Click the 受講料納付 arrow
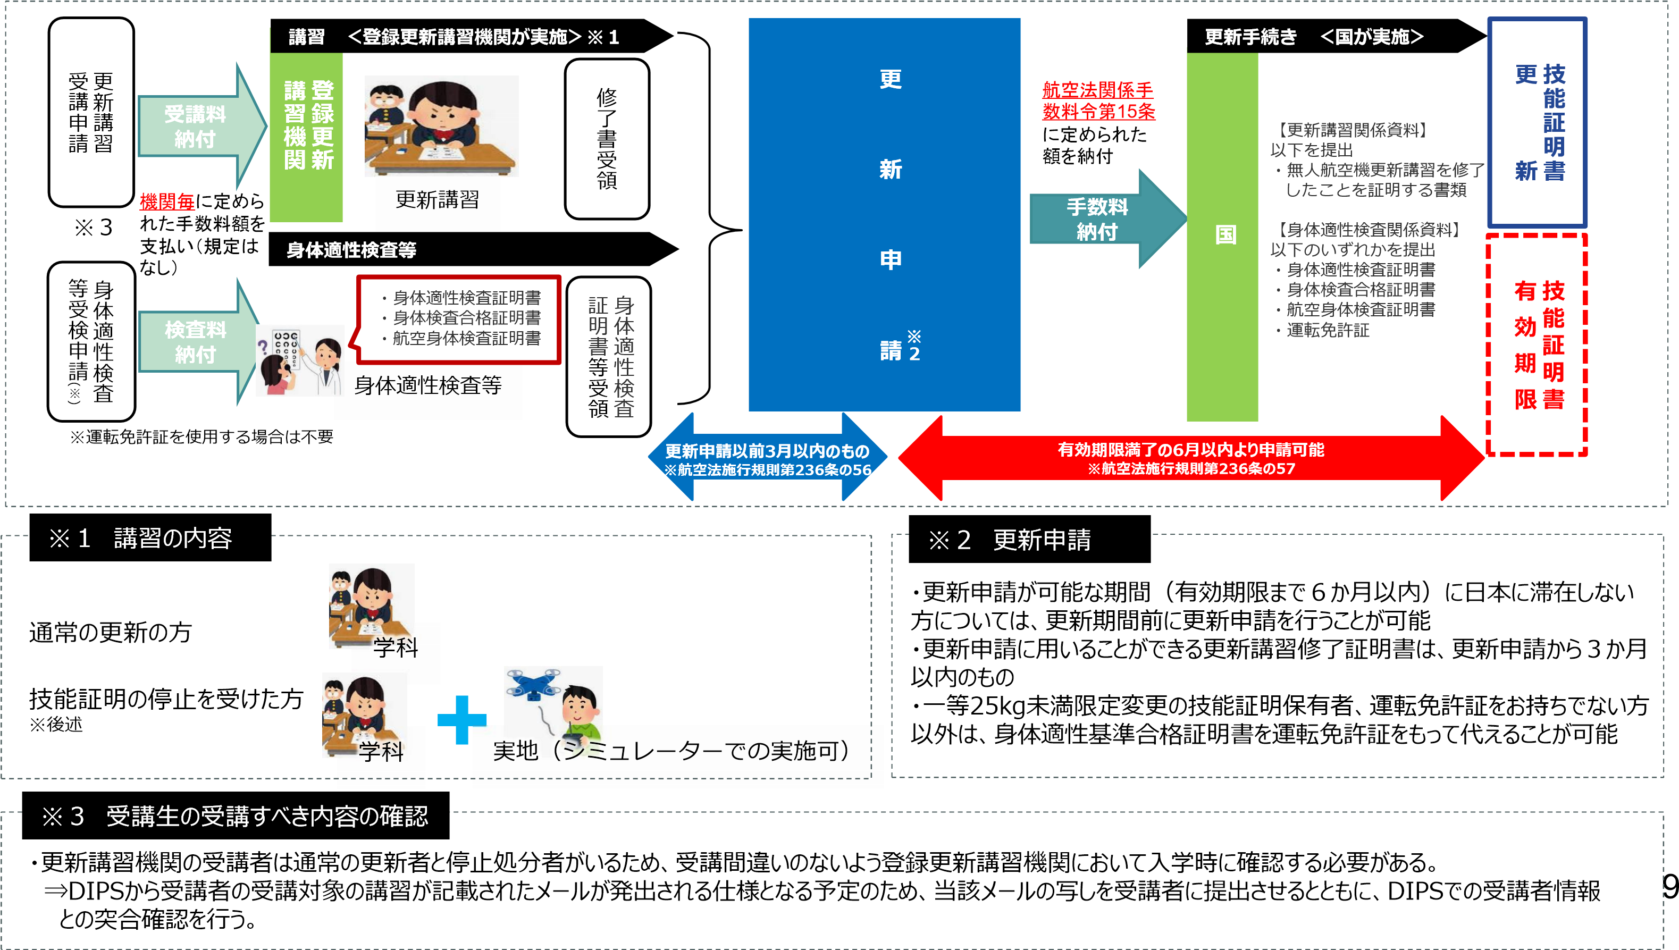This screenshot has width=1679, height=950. pos(196,127)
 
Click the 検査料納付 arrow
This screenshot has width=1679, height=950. pos(196,342)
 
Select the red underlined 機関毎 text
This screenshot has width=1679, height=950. pos(167,201)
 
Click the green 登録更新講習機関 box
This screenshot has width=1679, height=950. pos(307,137)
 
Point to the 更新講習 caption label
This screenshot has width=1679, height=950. pos(437,200)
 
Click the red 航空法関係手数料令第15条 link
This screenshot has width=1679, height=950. pos(1098,100)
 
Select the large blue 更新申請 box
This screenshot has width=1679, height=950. pos(884,215)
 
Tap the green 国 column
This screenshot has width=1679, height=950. pos(1222,235)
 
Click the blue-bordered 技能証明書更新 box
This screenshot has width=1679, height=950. pos(1538,123)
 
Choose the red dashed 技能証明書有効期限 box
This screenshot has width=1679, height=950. pos(1538,344)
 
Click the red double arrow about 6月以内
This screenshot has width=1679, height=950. pos(1191,458)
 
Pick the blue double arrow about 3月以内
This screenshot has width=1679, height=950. pos(767,459)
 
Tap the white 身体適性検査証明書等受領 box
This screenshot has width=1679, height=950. pos(609,356)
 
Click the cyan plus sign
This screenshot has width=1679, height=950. pos(462,720)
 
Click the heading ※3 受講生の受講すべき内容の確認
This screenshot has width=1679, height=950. pos(235,816)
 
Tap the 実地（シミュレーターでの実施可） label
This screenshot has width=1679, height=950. pos(672,751)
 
